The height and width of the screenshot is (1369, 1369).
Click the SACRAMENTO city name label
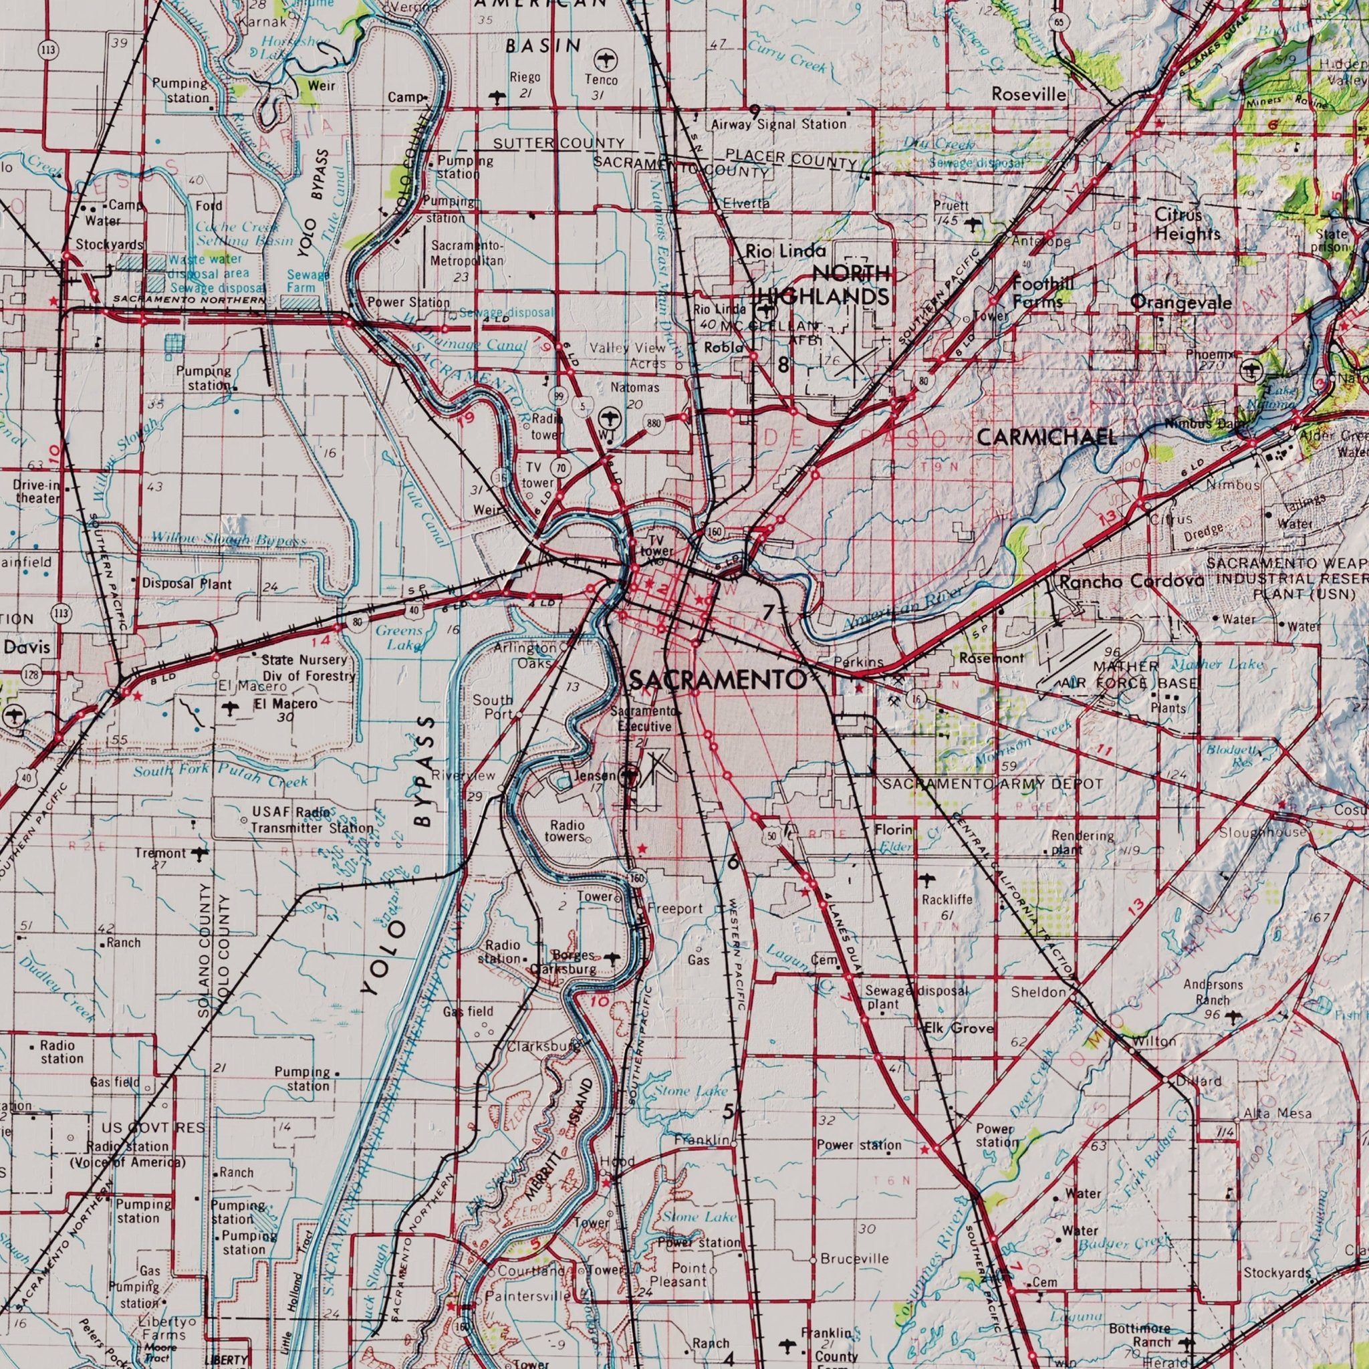[717, 680]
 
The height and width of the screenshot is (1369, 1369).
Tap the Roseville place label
[1029, 94]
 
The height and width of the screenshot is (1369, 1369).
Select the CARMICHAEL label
[1047, 437]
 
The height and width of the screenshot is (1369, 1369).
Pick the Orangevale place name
[1181, 303]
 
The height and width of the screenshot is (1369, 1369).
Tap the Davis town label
[27, 647]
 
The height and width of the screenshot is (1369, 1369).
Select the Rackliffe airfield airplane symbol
[926, 881]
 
